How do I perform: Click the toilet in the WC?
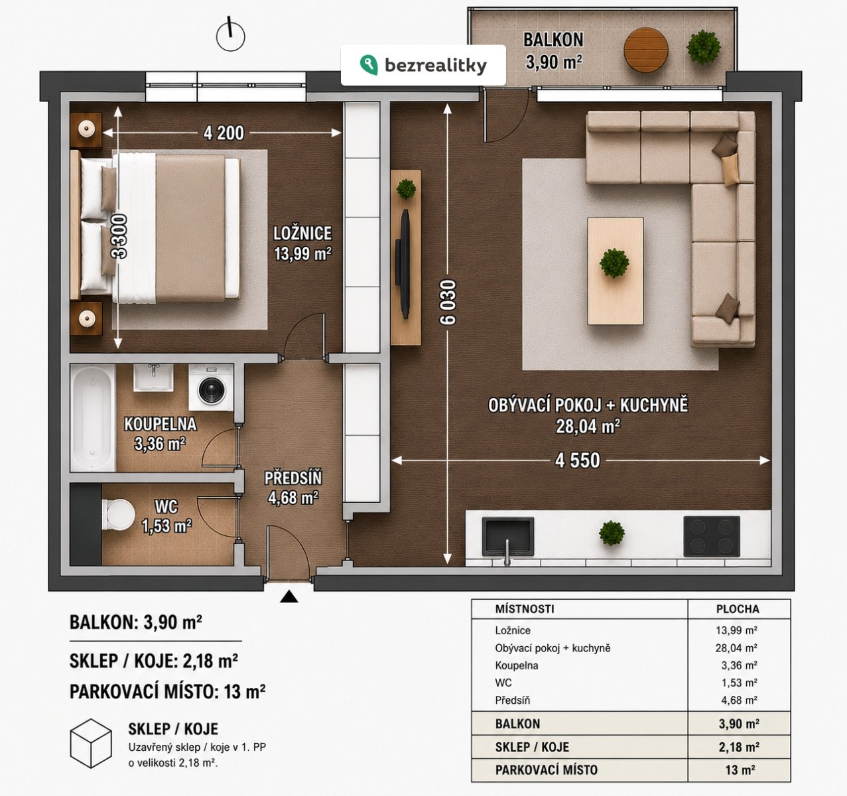pyautogui.click(x=117, y=515)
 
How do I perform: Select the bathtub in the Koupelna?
pyautogui.click(x=93, y=418)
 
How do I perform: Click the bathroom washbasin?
pyautogui.click(x=153, y=377)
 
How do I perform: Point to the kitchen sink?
pyautogui.click(x=507, y=537)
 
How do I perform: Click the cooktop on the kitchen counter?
pyautogui.click(x=712, y=537)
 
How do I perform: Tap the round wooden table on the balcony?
pyautogui.click(x=646, y=50)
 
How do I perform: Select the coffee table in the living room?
pyautogui.click(x=615, y=271)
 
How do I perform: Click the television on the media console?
pyautogui.click(x=403, y=263)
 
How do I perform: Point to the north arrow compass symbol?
pyautogui.click(x=230, y=35)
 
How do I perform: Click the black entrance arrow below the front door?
pyautogui.click(x=289, y=596)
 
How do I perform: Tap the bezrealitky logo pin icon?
pyautogui.click(x=369, y=65)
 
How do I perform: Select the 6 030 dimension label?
pyautogui.click(x=448, y=302)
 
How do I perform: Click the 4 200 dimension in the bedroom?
pyautogui.click(x=224, y=133)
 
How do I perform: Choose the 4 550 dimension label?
pyautogui.click(x=578, y=461)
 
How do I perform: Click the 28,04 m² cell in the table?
pyautogui.click(x=736, y=648)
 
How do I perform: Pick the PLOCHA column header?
pyautogui.click(x=738, y=609)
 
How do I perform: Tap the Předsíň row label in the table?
pyautogui.click(x=513, y=700)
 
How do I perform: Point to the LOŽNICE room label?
pyautogui.click(x=302, y=233)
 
